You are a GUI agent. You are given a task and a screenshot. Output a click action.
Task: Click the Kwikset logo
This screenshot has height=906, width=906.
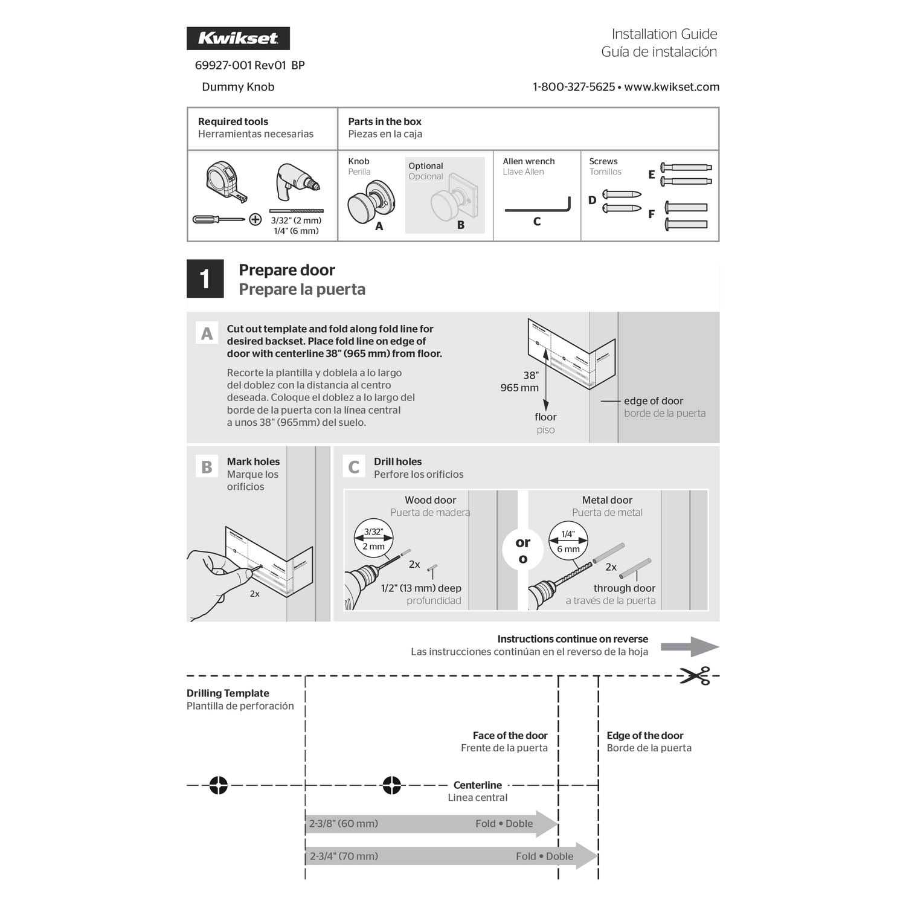pyautogui.click(x=238, y=38)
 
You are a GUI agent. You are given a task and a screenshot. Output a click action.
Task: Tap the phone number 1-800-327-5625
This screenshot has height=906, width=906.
pyautogui.click(x=573, y=87)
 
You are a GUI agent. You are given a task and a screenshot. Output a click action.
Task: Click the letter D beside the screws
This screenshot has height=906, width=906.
pyautogui.click(x=592, y=201)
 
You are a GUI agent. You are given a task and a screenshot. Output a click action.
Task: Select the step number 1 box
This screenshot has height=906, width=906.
pyautogui.click(x=205, y=278)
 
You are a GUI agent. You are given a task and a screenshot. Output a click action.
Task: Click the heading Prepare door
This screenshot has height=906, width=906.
pyautogui.click(x=286, y=270)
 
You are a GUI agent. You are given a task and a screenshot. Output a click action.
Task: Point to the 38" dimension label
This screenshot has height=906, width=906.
pyautogui.click(x=531, y=375)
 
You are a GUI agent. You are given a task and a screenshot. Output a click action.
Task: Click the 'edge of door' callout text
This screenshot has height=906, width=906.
pyautogui.click(x=653, y=400)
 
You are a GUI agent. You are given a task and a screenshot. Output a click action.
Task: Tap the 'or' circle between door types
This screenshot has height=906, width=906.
pyautogui.click(x=522, y=549)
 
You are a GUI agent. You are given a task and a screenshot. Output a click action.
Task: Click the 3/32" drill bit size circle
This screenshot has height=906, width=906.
pyautogui.click(x=373, y=539)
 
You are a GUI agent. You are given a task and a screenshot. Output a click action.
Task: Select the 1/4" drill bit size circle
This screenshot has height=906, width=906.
pyautogui.click(x=568, y=541)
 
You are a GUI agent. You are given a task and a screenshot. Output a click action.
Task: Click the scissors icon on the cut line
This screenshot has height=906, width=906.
pyautogui.click(x=695, y=675)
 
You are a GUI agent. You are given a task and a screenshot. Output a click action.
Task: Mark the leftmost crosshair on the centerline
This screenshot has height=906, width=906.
pyautogui.click(x=219, y=785)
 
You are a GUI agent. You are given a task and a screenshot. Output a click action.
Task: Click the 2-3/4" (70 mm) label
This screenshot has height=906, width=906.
pyautogui.click(x=344, y=856)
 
